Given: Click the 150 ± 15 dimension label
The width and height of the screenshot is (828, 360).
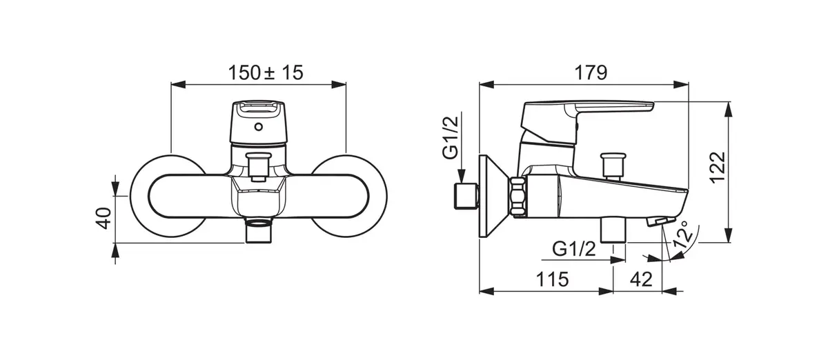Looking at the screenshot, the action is point(266,73).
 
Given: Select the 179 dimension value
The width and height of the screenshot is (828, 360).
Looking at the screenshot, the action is point(591,73).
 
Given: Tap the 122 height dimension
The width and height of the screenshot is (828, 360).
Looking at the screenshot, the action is point(718,167).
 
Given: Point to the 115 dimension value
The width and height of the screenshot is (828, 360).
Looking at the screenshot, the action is point(552,279).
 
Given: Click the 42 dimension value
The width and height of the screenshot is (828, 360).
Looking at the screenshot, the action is point(641,279).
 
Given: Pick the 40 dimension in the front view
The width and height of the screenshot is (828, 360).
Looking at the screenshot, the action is point(103,218).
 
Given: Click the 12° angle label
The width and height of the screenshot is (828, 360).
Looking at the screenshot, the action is point(682,234).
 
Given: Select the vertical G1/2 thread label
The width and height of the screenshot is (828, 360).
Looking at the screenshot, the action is point(451,137).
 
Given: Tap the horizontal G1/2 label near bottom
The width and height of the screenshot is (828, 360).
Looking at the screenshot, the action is point(574,249).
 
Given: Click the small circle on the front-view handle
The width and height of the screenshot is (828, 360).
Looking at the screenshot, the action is point(259,127).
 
